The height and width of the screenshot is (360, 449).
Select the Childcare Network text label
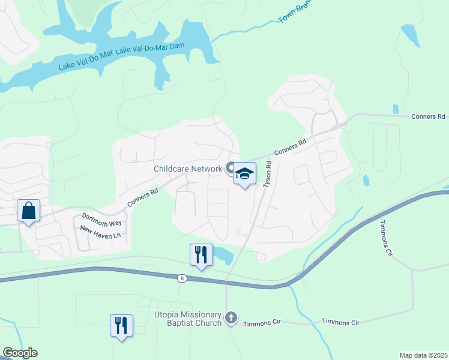tap(188, 169)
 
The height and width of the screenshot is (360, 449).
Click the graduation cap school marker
tap(244, 174)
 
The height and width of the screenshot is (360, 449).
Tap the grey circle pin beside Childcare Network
tap(231, 168)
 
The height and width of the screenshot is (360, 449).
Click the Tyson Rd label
tap(268, 174)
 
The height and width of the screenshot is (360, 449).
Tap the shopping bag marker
tap(28, 211)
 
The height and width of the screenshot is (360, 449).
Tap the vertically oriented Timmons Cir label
tap(385, 239)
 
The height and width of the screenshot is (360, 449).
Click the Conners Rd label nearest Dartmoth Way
tap(142, 199)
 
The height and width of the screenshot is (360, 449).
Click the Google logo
tap(20, 353)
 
